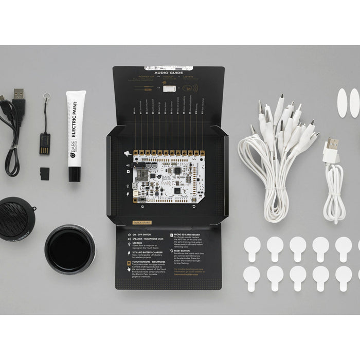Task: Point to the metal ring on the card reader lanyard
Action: point(46,96)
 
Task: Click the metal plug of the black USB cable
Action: point(19,94)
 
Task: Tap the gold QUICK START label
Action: point(140,223)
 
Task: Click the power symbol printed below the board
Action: point(142,207)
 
